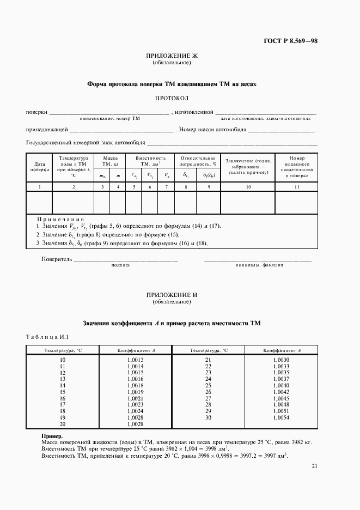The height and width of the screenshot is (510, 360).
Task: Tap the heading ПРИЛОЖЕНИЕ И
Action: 172,295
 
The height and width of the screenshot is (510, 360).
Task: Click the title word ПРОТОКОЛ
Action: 172,98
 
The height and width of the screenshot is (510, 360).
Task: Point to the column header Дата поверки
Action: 39,166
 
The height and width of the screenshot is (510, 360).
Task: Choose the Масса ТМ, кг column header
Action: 110,160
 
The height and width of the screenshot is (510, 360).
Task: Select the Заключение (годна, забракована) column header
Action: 248,167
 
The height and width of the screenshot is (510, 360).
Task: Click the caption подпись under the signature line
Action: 120,265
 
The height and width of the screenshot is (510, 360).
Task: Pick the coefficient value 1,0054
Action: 282,417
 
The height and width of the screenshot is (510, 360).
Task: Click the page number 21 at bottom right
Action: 315,466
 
